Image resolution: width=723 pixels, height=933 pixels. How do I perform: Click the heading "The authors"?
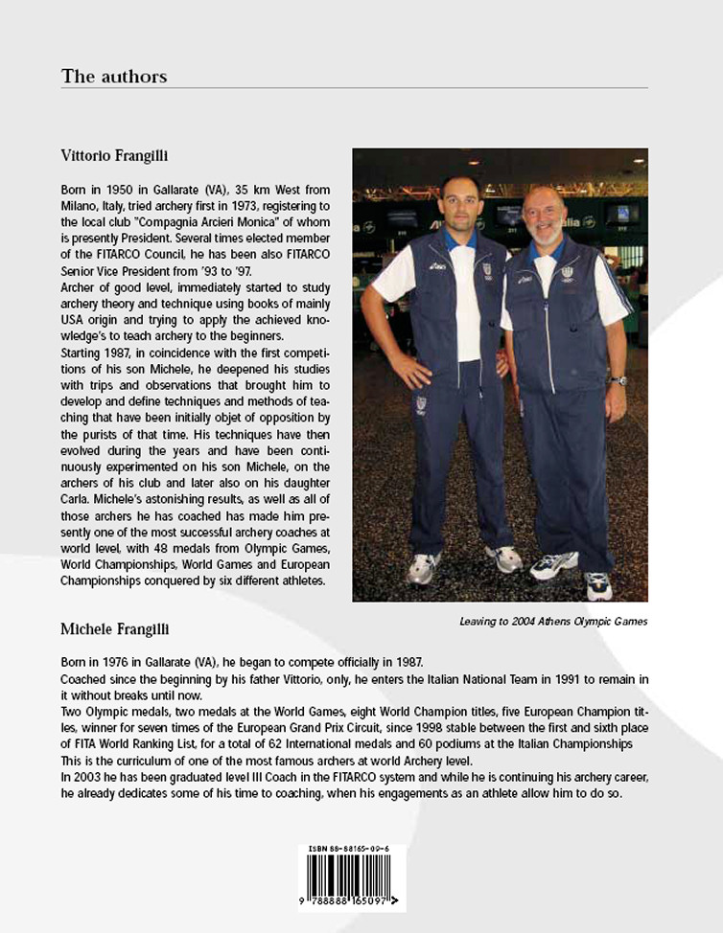point(113,76)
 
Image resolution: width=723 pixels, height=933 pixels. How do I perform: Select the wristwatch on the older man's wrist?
point(619,380)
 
